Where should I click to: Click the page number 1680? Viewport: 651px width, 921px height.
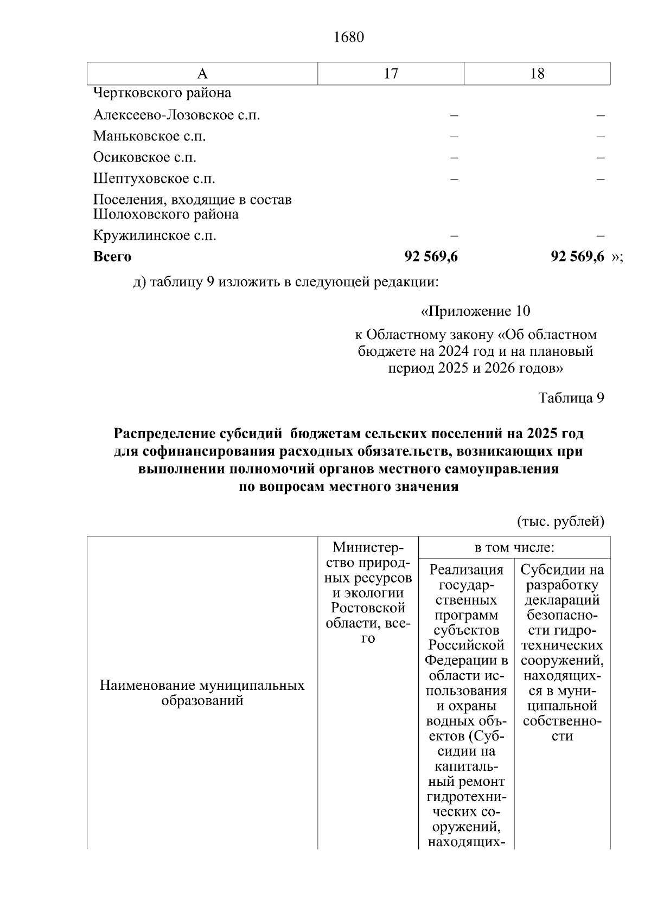tap(349, 37)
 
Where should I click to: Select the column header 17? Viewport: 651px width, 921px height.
tap(391, 74)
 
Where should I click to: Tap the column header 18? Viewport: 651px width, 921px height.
tap(537, 74)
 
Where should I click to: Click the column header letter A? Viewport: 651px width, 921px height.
tap(202, 74)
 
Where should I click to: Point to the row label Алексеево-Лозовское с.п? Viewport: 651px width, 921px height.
tap(176, 115)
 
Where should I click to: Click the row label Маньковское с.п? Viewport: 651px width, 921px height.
tap(149, 136)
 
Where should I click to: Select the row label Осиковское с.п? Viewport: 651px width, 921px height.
tap(144, 157)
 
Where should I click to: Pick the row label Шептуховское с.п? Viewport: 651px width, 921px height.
tap(154, 178)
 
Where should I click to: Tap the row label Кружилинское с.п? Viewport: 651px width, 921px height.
tap(155, 235)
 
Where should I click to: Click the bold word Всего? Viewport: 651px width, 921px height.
tap(112, 257)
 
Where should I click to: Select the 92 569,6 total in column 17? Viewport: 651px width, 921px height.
tap(431, 257)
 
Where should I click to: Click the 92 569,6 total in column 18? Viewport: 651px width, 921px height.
tap(577, 257)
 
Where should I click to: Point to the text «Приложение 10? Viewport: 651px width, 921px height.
tap(476, 311)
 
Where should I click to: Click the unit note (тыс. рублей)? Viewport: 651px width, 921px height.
tap(560, 521)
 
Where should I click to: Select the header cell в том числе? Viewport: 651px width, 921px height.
tap(514, 548)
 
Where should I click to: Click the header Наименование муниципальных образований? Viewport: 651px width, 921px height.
tap(202, 693)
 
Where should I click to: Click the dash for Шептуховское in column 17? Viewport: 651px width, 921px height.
tap(454, 178)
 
